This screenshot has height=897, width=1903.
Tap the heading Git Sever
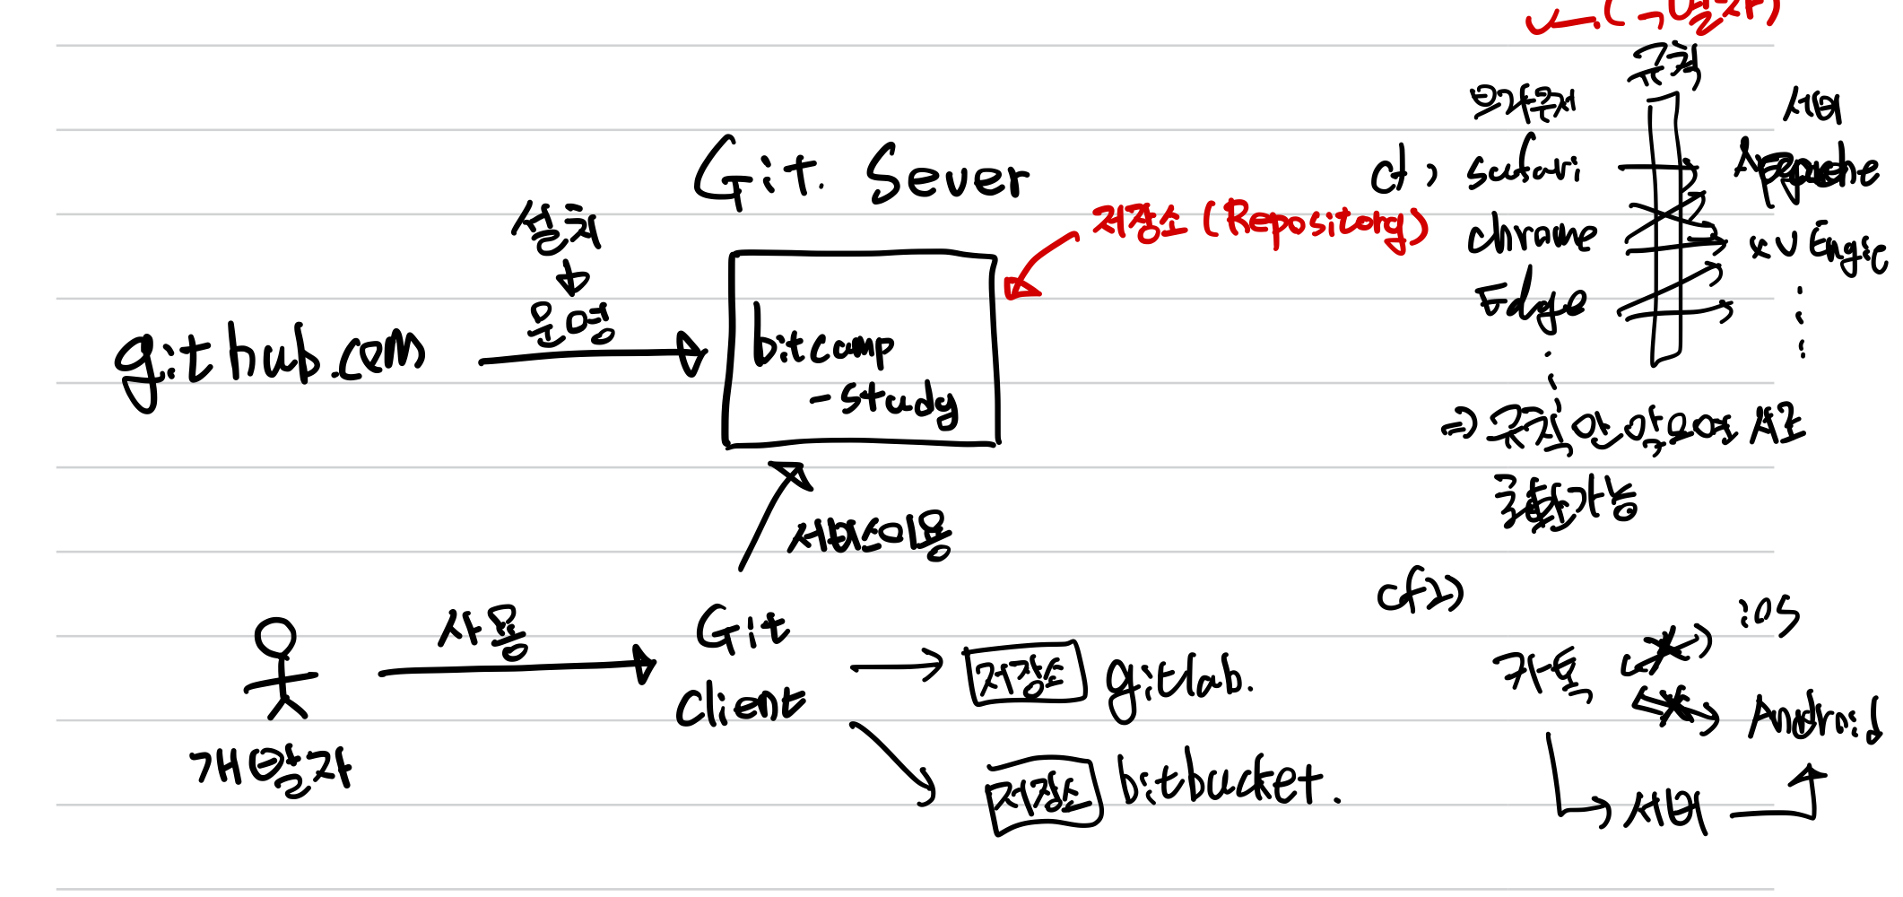861,175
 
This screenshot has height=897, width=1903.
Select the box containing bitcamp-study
861,350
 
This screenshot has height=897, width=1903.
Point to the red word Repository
1318,222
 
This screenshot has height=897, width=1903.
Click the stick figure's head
275,638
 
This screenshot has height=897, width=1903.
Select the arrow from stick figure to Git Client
516,668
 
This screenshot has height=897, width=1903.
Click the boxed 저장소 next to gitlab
1024,675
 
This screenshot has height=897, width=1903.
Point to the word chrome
1532,235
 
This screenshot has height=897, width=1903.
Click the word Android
1813,718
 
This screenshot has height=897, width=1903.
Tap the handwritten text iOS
1768,615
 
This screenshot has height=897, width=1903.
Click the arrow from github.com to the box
592,357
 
